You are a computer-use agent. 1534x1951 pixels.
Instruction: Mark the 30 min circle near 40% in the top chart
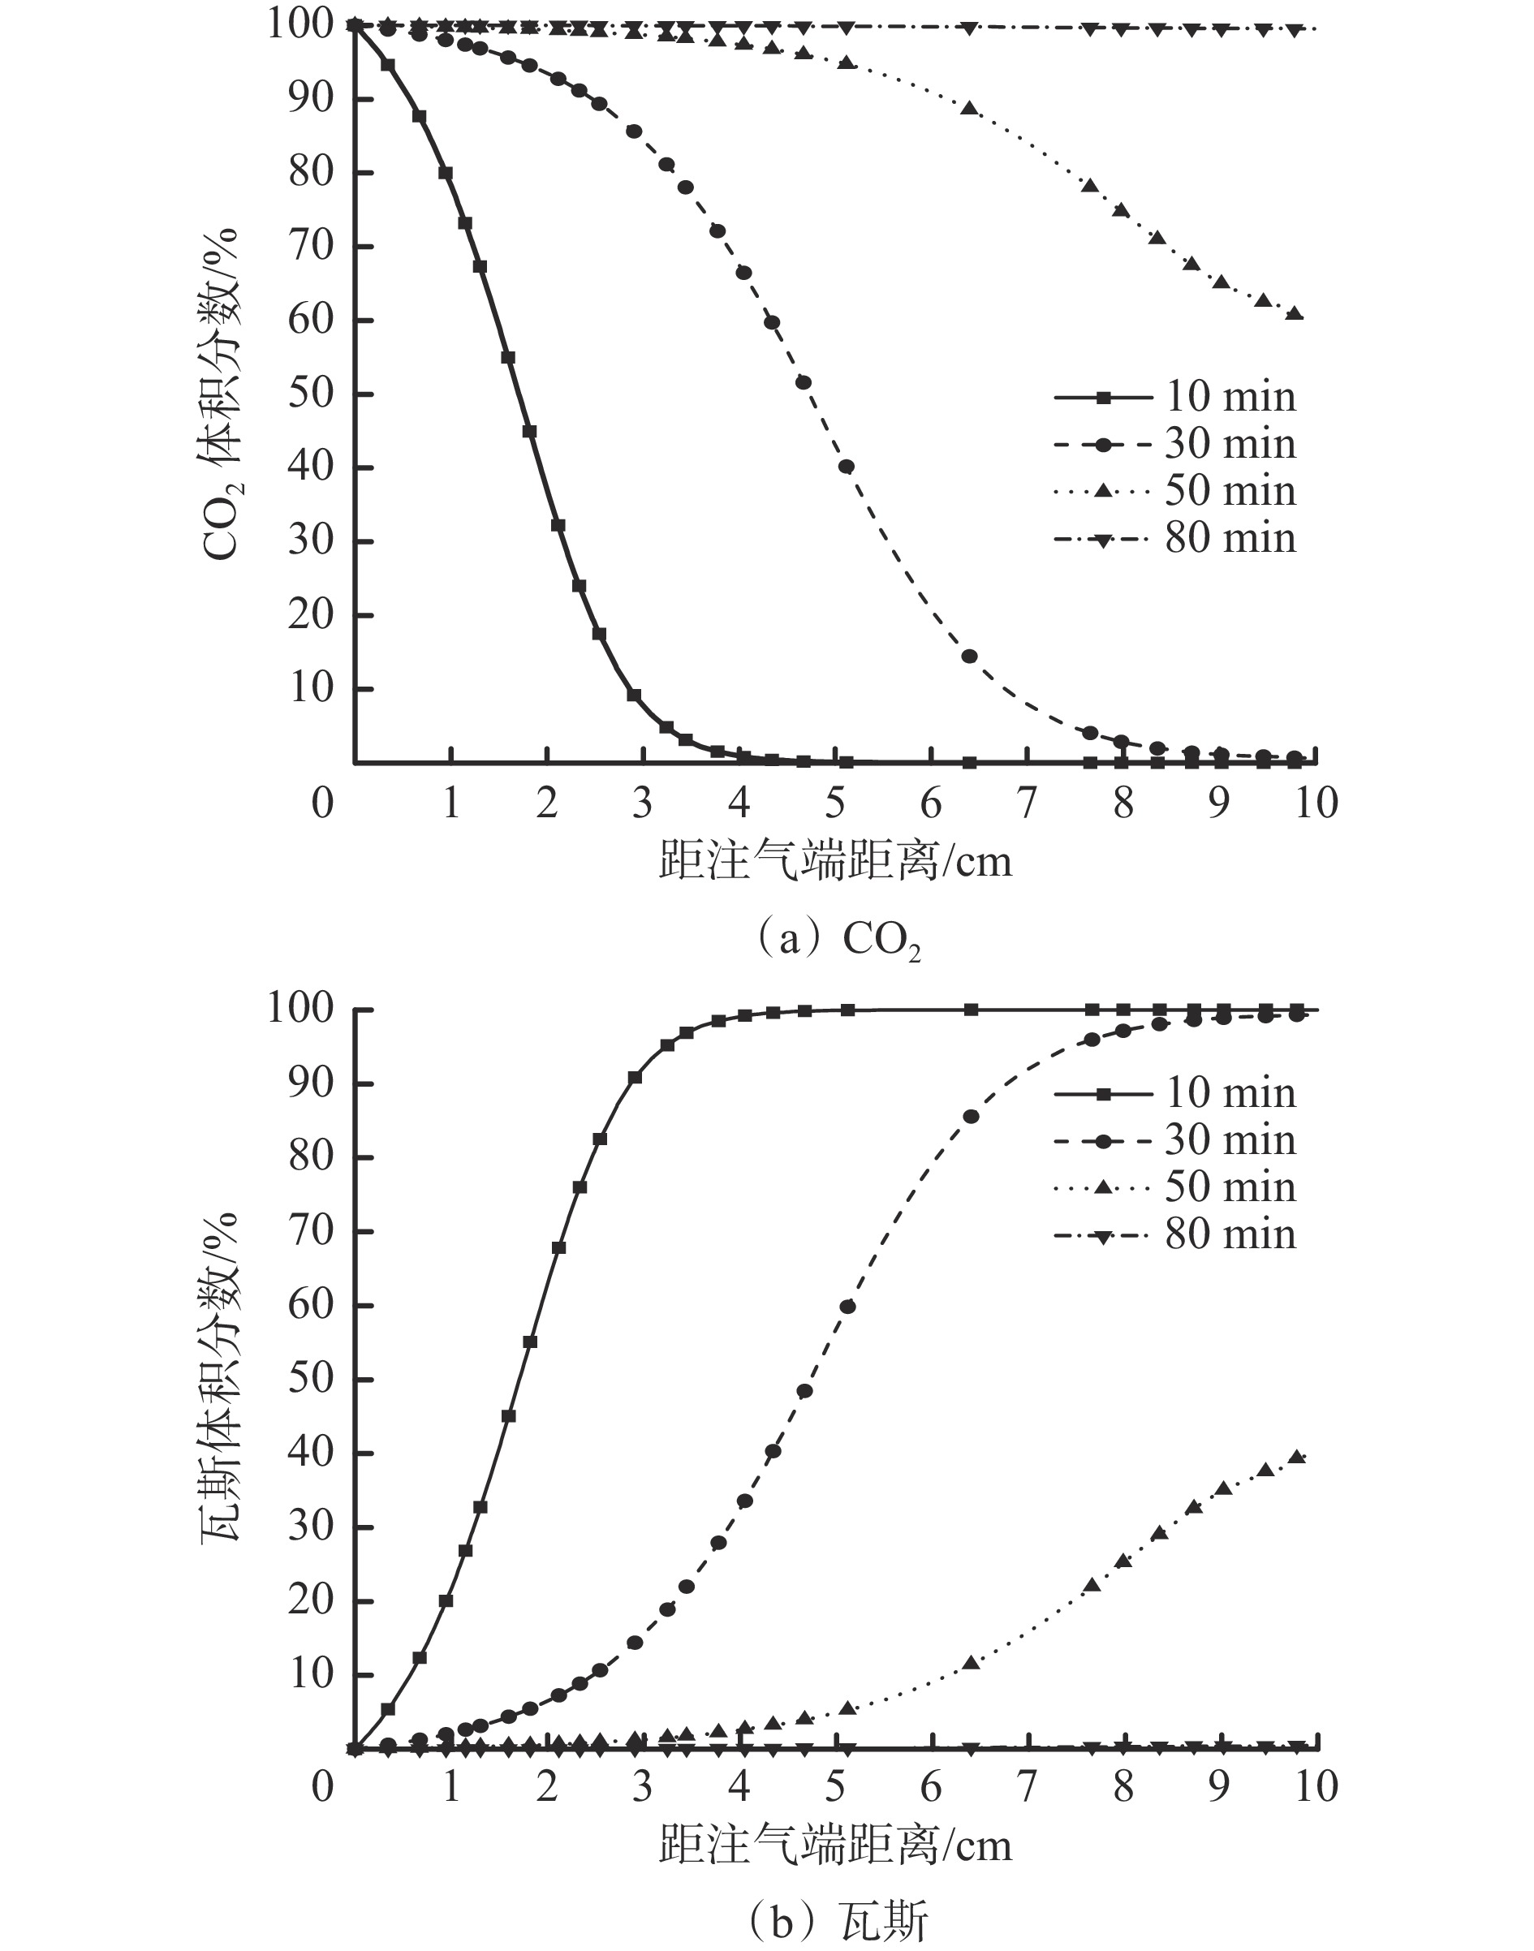pos(846,466)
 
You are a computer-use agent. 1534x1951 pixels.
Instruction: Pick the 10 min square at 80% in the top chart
pos(446,172)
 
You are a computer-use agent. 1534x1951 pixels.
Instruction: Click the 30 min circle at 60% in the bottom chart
pos(847,1307)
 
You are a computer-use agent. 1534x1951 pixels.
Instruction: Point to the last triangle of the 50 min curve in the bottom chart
pos(1297,1456)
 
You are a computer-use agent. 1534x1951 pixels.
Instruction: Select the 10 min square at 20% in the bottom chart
pos(446,1600)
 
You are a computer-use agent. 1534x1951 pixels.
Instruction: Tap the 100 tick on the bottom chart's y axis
pos(301,1009)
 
